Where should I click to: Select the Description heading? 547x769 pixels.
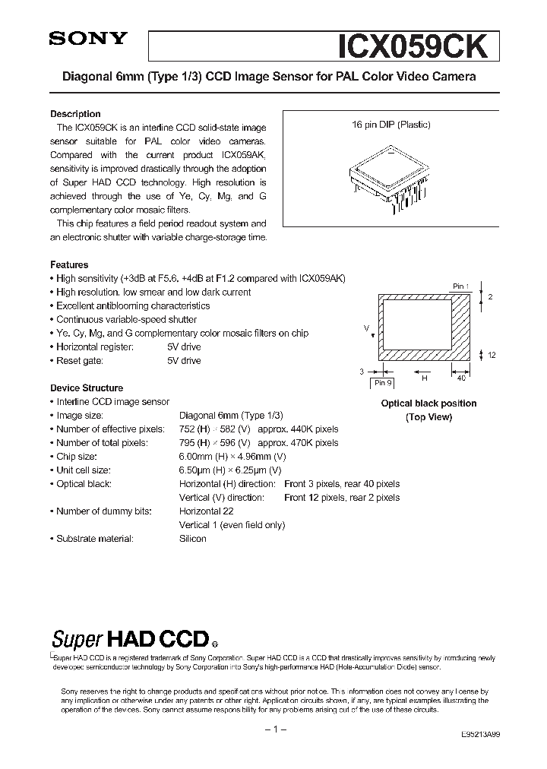click(x=75, y=114)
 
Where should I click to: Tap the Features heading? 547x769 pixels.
click(x=69, y=265)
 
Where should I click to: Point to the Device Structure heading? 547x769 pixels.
click(x=86, y=388)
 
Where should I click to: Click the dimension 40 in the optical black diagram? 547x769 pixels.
click(x=460, y=378)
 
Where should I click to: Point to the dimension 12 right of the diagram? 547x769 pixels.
click(x=492, y=356)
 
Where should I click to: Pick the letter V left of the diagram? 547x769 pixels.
click(x=366, y=328)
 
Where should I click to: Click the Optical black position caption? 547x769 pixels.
click(x=428, y=403)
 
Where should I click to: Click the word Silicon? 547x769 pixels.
click(x=193, y=539)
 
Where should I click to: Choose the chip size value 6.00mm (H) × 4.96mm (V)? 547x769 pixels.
click(x=232, y=457)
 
